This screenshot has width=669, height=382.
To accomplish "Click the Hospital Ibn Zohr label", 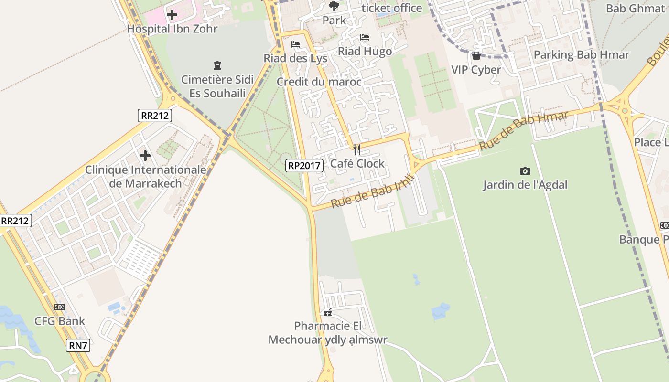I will [x=172, y=29].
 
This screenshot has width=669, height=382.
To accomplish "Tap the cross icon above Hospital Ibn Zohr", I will [x=172, y=15].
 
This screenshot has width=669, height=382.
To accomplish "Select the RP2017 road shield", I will [x=304, y=166].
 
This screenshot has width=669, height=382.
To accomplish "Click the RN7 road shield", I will [x=78, y=345].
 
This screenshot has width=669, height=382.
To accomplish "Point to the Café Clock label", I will [x=357, y=164].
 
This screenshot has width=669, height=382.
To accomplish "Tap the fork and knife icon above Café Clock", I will [x=356, y=149].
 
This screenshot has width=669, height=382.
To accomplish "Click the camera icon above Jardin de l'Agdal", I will [x=525, y=171].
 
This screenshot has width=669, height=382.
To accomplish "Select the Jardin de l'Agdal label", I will [x=525, y=185].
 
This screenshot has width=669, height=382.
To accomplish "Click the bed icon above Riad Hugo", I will [x=365, y=37].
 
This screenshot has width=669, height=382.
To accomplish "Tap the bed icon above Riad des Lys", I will [x=295, y=44].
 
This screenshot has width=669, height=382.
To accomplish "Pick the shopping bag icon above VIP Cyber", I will [x=476, y=56].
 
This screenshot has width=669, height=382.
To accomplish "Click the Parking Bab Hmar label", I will [x=581, y=55].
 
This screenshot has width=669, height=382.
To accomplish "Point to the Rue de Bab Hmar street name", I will [x=524, y=130].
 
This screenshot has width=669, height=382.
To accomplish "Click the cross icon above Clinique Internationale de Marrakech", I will [x=145, y=156].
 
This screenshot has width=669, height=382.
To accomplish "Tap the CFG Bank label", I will [x=60, y=321].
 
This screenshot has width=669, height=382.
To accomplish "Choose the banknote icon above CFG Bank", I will [x=60, y=307].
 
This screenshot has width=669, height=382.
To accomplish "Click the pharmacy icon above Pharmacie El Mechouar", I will [x=328, y=313].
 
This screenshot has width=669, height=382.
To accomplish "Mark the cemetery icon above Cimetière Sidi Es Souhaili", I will [x=217, y=65].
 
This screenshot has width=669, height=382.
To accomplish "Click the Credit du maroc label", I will [x=319, y=82].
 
